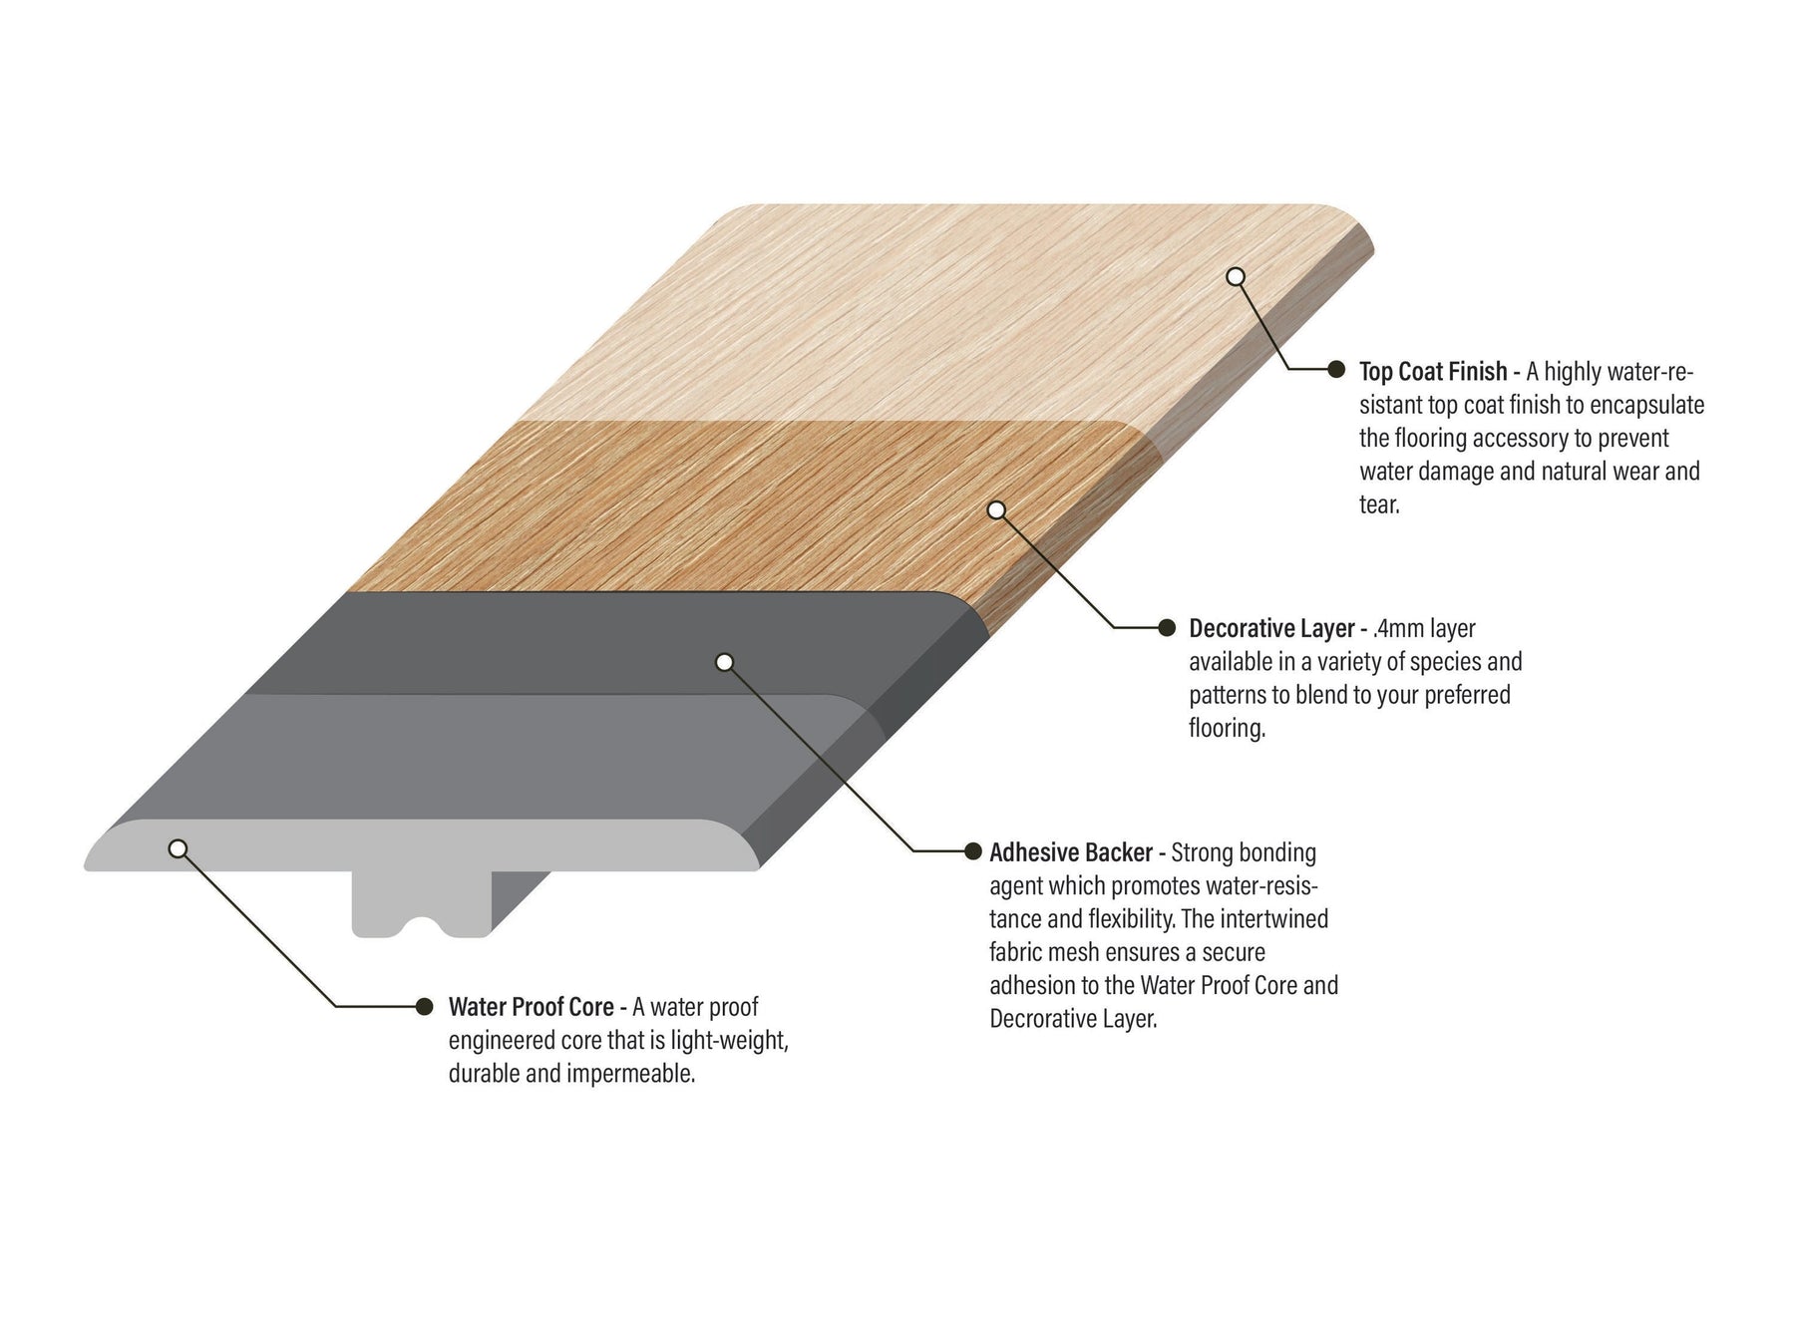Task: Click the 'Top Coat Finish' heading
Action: [1433, 372]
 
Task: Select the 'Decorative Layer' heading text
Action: [1271, 629]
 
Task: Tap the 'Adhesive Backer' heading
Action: [1071, 853]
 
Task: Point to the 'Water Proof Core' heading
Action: [531, 1007]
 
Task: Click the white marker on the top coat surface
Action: [1236, 276]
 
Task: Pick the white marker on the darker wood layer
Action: [996, 509]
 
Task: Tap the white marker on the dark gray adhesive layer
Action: [725, 662]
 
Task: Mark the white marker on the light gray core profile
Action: [178, 848]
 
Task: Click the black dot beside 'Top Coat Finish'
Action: [1336, 370]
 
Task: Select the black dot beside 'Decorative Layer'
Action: [1167, 627]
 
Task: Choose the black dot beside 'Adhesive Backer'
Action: [972, 850]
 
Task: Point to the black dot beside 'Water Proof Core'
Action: [425, 1006]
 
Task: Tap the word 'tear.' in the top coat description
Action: [1380, 504]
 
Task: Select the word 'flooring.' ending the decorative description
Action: [1228, 729]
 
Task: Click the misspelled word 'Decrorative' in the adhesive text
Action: [1044, 1019]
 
